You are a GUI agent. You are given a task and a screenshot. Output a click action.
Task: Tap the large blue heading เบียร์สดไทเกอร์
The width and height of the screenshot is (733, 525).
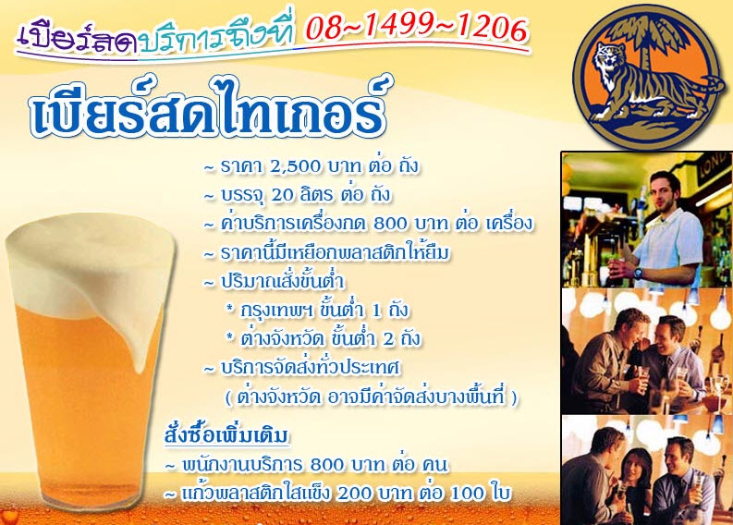(x=208, y=108)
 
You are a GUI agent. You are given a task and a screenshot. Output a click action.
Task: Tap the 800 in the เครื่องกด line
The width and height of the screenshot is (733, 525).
(x=390, y=224)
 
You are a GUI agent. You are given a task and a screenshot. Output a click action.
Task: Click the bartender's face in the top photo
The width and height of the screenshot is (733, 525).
(x=665, y=189)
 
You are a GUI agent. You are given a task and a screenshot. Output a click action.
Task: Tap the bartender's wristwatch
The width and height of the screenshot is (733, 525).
(x=639, y=273)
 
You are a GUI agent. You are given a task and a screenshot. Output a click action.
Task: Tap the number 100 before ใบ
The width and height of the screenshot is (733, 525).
(x=467, y=494)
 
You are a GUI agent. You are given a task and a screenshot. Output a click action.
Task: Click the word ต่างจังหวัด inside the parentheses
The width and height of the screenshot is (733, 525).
(x=278, y=398)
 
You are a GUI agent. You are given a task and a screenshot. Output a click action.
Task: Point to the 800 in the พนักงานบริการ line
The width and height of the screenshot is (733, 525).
(x=327, y=465)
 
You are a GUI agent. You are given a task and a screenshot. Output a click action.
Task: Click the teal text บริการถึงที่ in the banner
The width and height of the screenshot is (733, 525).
(x=218, y=38)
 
